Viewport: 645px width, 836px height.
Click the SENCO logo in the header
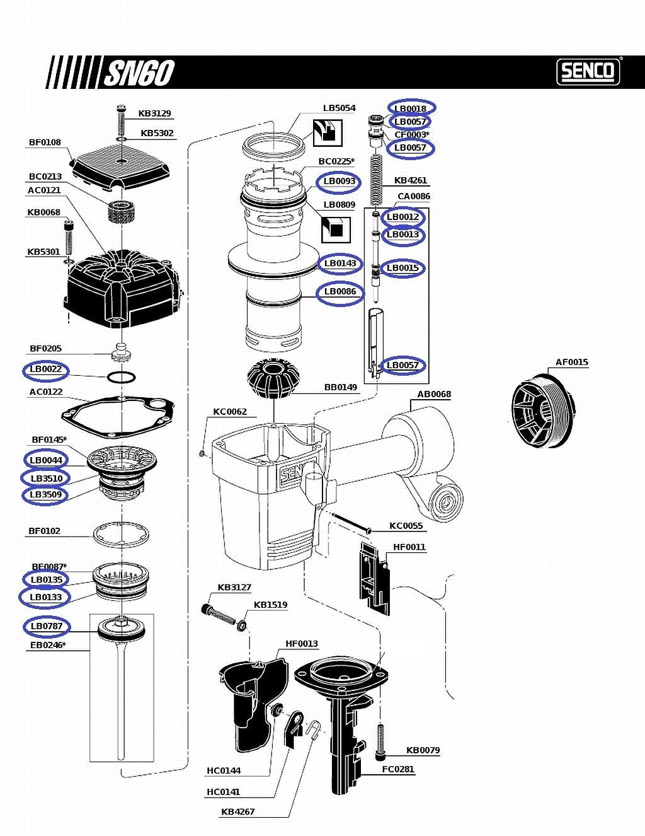[588, 71]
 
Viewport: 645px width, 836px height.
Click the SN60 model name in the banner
[138, 73]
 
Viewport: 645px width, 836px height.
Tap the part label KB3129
[155, 113]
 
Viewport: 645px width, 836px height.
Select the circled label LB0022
[45, 369]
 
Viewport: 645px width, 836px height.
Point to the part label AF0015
[571, 362]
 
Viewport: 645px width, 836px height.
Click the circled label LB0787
[47, 626]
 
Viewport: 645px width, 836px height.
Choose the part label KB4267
[237, 812]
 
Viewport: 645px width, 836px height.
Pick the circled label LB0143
[340, 264]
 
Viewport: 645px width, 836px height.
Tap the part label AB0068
[434, 395]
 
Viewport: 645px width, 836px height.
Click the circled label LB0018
[411, 108]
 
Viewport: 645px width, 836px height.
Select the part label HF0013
[302, 644]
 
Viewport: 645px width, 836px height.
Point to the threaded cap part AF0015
[542, 410]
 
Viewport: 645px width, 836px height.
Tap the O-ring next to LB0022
[120, 378]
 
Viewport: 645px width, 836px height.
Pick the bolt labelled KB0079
[380, 741]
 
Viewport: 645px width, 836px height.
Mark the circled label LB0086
[340, 292]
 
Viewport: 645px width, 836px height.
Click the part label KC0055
[406, 526]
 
